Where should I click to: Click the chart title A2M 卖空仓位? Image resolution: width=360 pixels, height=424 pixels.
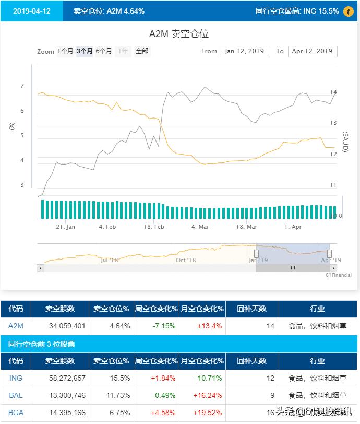179,34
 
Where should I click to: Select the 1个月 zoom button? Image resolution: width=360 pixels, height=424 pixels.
65,51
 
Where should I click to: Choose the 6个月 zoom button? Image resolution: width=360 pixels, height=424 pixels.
104,51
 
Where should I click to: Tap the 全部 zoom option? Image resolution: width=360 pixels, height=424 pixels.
142,51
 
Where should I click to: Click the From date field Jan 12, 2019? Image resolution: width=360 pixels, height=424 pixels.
245,51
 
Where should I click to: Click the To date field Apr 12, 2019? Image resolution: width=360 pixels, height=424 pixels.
312,51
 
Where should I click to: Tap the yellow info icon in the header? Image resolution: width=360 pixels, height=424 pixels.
349,11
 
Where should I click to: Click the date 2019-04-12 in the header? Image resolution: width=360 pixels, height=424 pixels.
32,11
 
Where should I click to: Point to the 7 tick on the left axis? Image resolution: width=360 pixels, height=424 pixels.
22,86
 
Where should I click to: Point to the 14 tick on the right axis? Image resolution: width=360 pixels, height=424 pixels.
333,92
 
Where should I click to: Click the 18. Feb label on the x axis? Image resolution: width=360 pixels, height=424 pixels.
154,227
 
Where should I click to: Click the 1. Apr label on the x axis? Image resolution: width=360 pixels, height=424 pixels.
293,227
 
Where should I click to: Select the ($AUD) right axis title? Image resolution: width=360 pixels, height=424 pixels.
345,142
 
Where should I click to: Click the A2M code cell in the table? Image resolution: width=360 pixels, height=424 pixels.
16,326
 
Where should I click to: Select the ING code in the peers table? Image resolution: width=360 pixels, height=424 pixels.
16,378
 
